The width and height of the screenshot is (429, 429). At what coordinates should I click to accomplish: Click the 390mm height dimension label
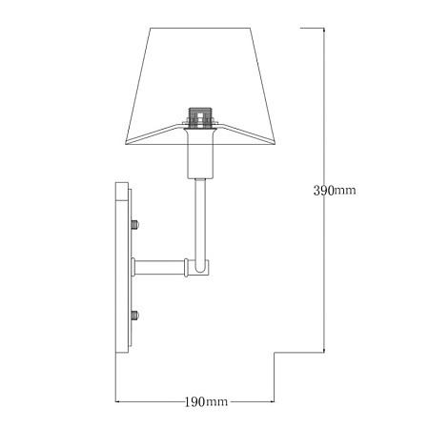[335, 191]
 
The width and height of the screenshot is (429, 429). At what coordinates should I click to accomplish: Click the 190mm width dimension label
[206, 402]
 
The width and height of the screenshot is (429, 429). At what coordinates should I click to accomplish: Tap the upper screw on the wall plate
[135, 224]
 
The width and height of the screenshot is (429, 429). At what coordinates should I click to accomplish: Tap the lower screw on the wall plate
[135, 316]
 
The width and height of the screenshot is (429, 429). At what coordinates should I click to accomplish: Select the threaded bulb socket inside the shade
[200, 117]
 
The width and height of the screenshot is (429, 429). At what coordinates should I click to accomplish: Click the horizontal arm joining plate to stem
[159, 268]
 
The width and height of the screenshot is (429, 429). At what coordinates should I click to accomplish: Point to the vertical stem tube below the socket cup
[200, 222]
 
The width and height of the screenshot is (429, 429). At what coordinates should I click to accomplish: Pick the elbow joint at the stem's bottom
[199, 268]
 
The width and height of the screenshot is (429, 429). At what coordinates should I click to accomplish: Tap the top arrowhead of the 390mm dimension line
[324, 30]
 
